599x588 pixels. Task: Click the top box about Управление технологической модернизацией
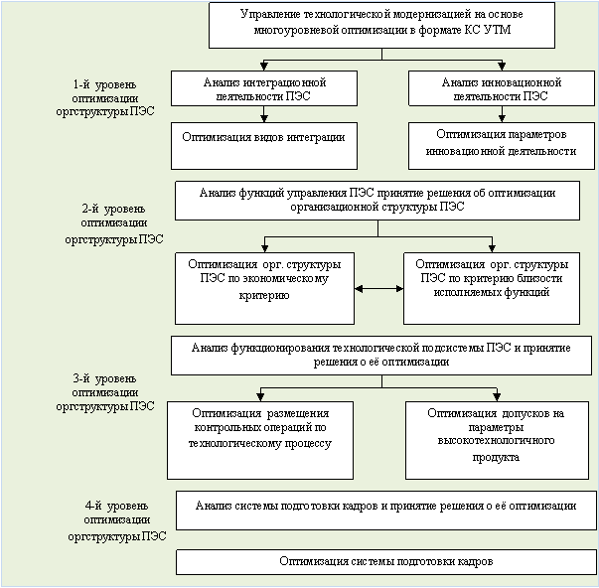tap(381, 25)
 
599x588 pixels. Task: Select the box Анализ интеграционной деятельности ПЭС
tap(264, 88)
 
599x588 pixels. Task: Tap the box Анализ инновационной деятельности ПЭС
tap(502, 88)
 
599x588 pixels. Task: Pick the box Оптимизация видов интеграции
tap(264, 146)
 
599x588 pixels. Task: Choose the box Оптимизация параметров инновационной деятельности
tap(502, 146)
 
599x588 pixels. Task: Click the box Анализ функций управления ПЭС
tap(377, 201)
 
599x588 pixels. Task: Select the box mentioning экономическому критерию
tap(264, 288)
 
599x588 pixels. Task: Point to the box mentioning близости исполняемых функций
tap(492, 288)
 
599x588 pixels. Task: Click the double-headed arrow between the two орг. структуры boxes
tap(378, 289)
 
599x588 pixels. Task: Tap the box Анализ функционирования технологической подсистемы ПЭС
tap(381, 356)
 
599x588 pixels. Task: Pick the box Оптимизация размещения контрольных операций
tap(260, 440)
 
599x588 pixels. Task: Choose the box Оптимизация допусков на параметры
tap(497, 440)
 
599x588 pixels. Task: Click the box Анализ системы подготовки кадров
tap(386, 511)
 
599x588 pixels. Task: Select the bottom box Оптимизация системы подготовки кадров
tap(386, 562)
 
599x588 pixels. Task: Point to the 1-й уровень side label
tap(105, 98)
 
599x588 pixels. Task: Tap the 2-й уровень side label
tap(114, 224)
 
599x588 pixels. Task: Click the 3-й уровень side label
tap(105, 392)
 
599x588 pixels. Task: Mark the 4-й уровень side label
tap(117, 520)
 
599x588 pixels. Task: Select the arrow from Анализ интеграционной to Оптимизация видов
tap(264, 114)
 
